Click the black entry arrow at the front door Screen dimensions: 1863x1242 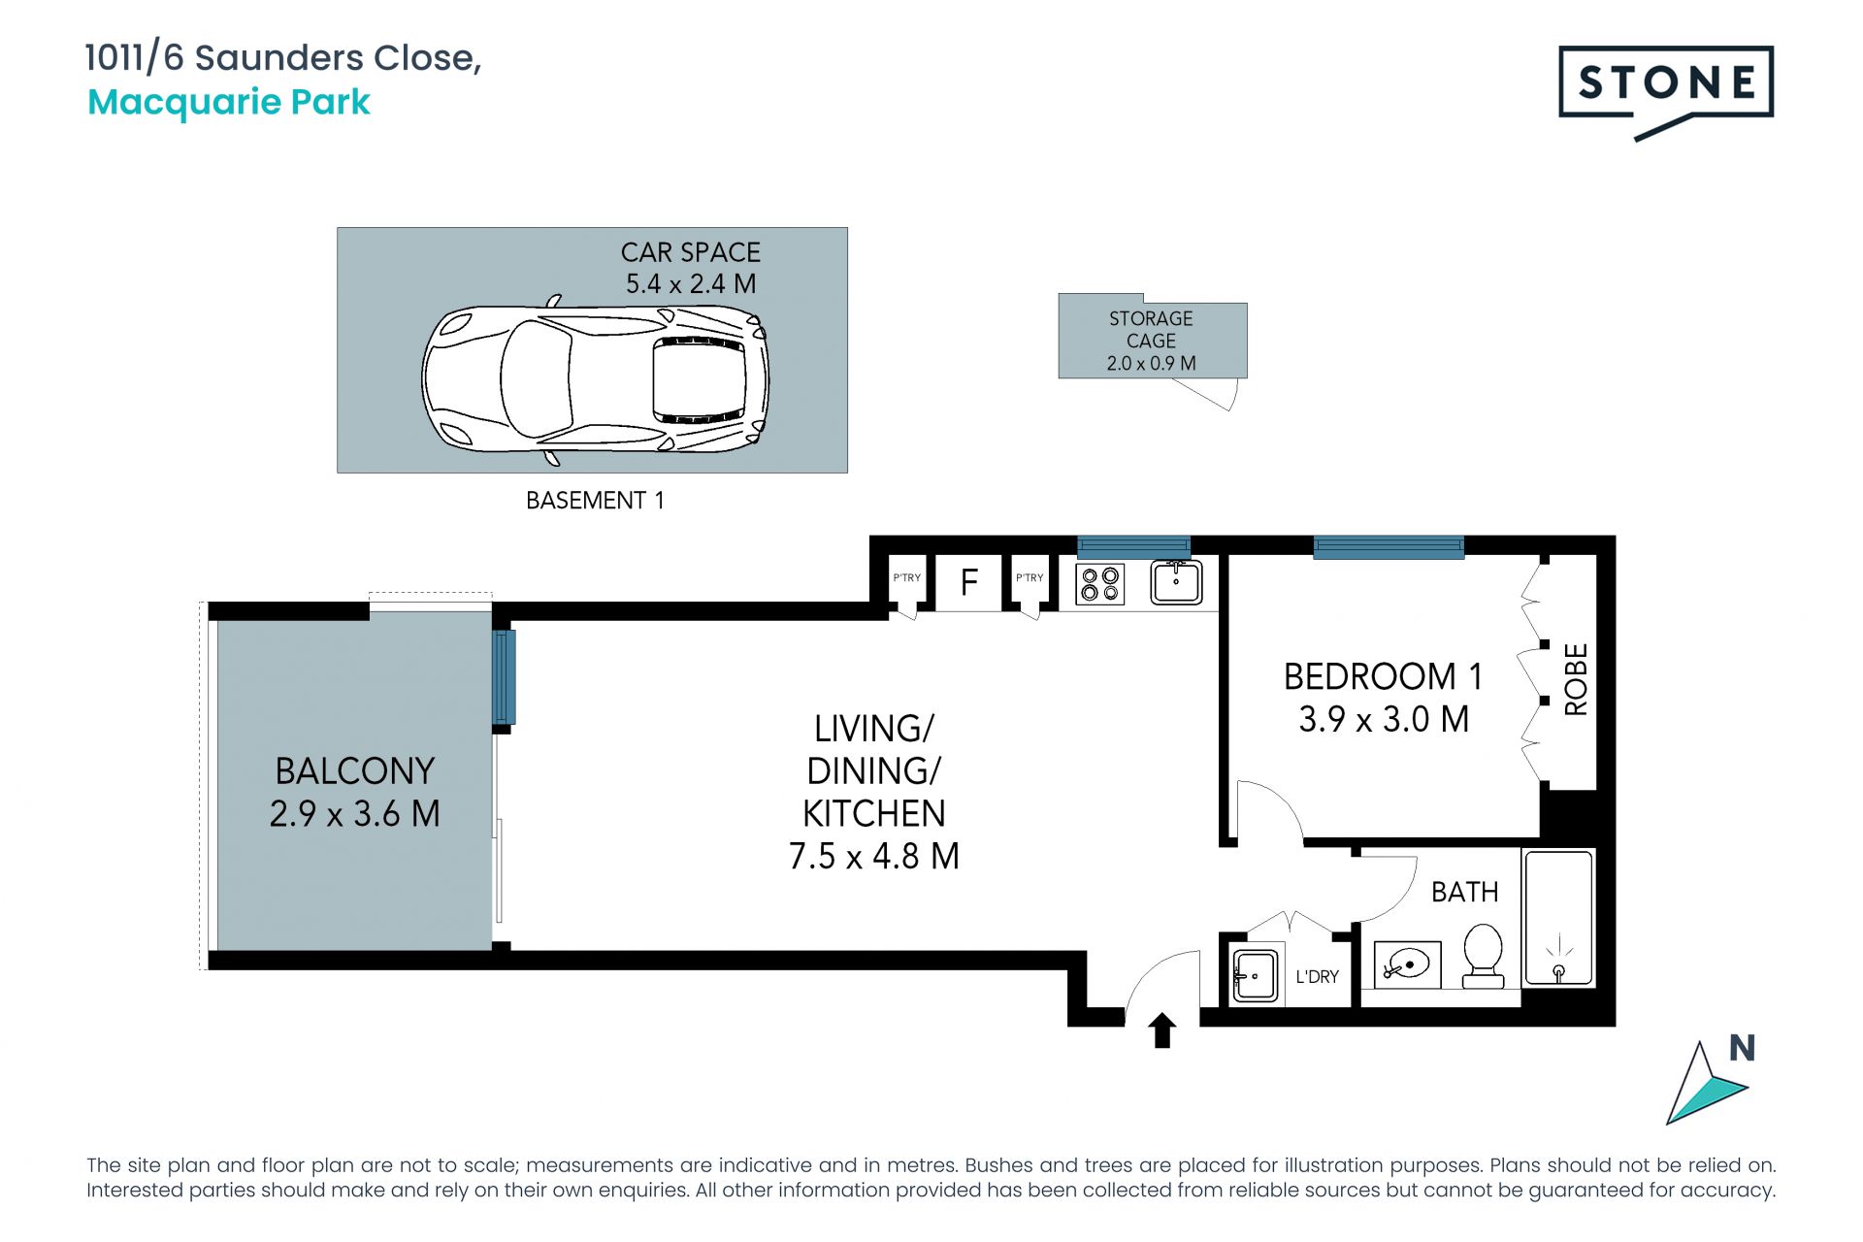(1162, 1030)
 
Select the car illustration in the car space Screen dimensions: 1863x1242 (595, 379)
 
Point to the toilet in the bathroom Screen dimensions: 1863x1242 (1482, 956)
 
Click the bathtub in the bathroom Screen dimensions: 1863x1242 (1558, 918)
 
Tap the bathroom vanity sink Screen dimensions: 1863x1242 (1407, 964)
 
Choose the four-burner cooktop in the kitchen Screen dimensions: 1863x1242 (1100, 583)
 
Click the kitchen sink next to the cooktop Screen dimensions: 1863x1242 (1176, 582)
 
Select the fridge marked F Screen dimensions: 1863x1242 (968, 582)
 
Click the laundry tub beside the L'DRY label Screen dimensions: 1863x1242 (1255, 975)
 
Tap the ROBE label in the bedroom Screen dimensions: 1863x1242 (1577, 679)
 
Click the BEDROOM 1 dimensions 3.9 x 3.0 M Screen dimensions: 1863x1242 (1384, 719)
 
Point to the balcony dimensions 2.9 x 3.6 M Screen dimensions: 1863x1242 (355, 813)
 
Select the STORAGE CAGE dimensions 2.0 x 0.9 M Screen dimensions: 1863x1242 (1152, 363)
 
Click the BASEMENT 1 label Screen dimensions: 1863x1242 (595, 500)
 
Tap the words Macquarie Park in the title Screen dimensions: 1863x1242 (229, 102)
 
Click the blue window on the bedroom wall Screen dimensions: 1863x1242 (1389, 547)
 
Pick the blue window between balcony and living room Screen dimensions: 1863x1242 (504, 677)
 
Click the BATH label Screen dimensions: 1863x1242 (1465, 892)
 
